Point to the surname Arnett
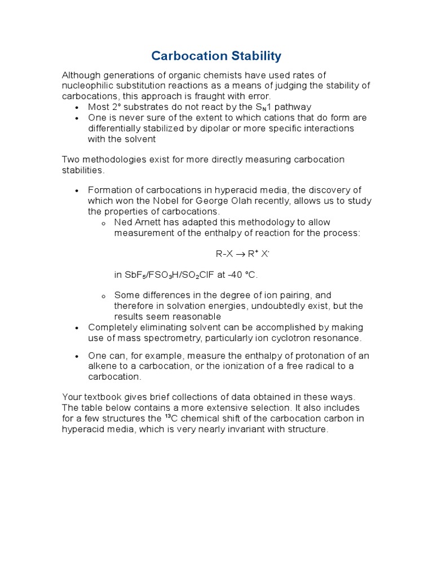148,223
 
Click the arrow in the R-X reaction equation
240,254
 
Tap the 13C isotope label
170,419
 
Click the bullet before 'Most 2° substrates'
77,107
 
